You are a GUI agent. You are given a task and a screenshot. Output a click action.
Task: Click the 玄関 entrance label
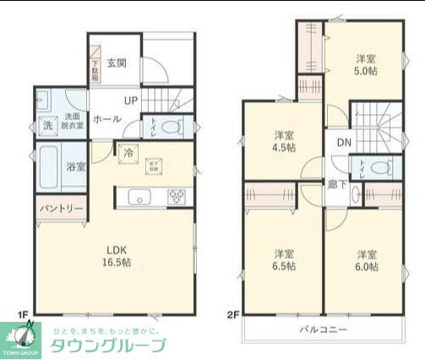(117, 63)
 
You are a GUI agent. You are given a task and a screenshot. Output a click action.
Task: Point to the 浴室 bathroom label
(76, 166)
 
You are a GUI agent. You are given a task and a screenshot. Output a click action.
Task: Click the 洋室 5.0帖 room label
(365, 64)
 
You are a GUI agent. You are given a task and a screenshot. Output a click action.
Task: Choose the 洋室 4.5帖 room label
(283, 140)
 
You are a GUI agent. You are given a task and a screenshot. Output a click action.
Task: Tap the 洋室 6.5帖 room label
(283, 259)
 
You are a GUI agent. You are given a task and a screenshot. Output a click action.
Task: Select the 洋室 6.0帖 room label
(365, 259)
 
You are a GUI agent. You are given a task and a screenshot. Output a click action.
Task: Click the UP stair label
(130, 101)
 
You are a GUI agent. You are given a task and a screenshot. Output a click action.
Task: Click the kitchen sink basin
(139, 198)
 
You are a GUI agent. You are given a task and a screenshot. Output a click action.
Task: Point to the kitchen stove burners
(178, 197)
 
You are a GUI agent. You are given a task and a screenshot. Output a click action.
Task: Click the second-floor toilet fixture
(377, 165)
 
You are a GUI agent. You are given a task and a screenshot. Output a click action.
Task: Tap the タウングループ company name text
(108, 345)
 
